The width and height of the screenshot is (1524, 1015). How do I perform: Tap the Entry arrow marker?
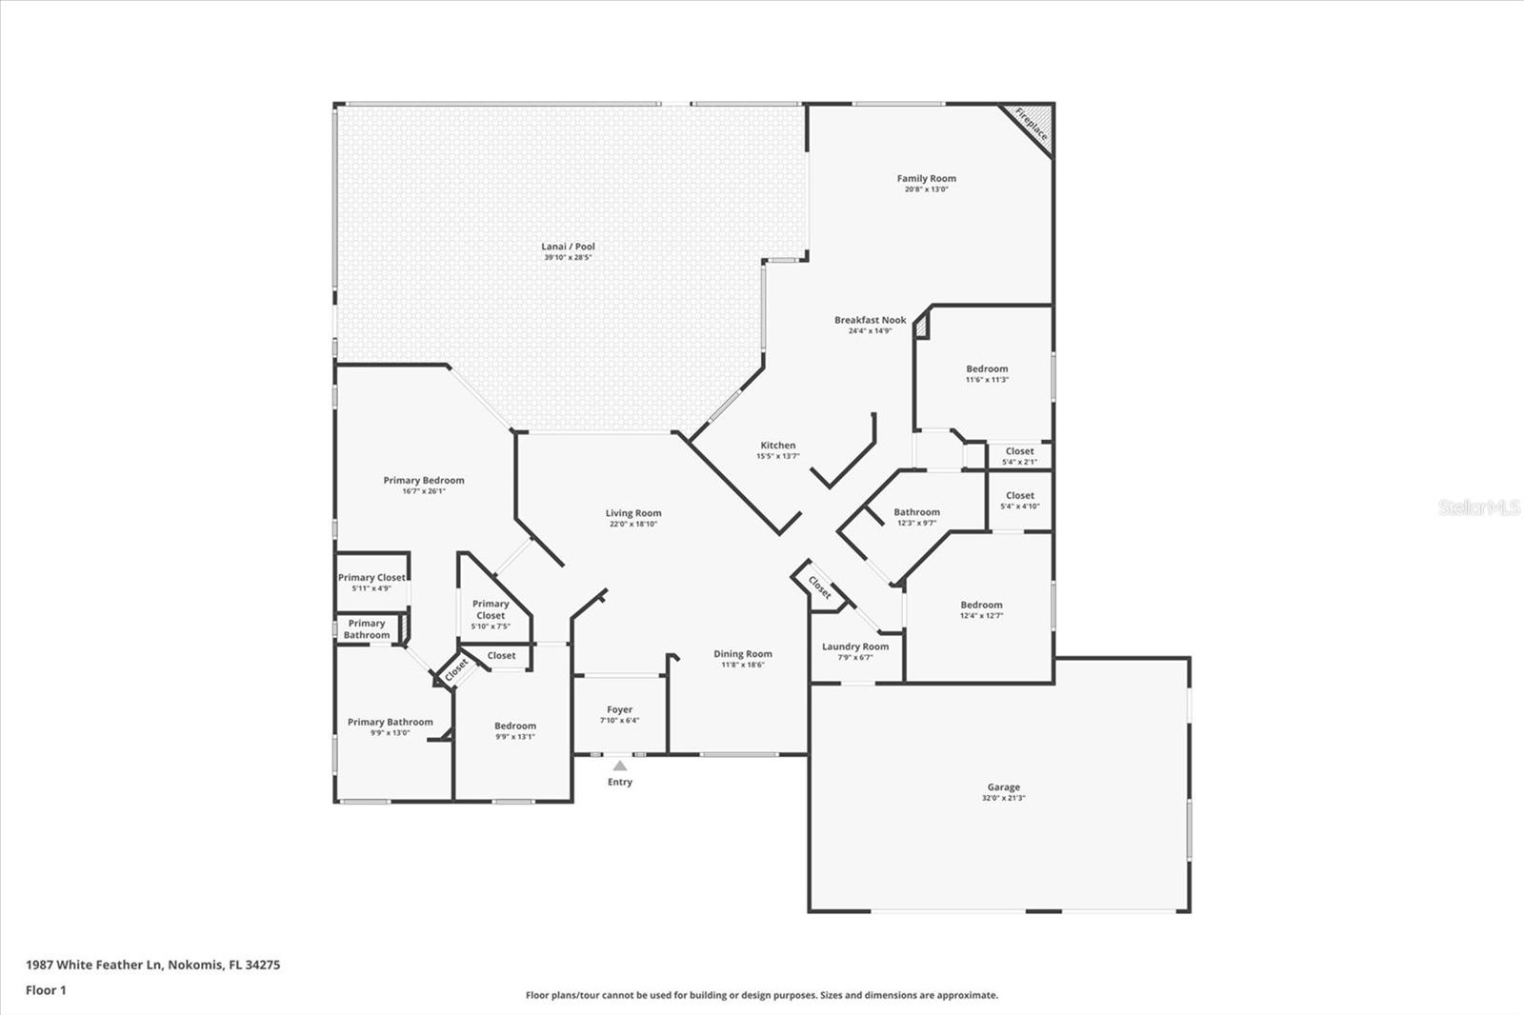coord(620,766)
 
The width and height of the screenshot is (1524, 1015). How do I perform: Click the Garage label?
coord(1003,787)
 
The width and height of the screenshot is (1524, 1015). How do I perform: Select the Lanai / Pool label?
coord(569,247)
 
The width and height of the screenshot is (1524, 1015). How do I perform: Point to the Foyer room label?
coord(619,709)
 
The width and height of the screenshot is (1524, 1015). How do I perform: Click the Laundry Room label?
coord(855,647)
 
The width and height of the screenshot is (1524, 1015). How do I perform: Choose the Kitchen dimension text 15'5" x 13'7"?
coord(778,456)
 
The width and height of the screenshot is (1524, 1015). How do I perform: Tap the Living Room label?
coord(633,513)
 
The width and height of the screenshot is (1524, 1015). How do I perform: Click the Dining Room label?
coord(743,654)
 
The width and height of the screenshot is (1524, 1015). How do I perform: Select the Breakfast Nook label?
coord(871,320)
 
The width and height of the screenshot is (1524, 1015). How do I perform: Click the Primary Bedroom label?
coord(424,480)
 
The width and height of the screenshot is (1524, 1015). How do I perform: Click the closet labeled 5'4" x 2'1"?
coord(1019,456)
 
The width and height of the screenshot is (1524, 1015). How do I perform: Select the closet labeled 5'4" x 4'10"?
coord(1019,500)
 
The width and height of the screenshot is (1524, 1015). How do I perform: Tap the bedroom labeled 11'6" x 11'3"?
coord(987,373)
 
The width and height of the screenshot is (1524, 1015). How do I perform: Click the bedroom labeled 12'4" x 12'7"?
coord(981,609)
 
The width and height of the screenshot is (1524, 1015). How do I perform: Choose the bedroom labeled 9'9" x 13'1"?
coord(515,730)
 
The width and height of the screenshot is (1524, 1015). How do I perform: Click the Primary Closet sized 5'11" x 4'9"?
coord(371,582)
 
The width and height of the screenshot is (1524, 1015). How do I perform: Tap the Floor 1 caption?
coord(46,990)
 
